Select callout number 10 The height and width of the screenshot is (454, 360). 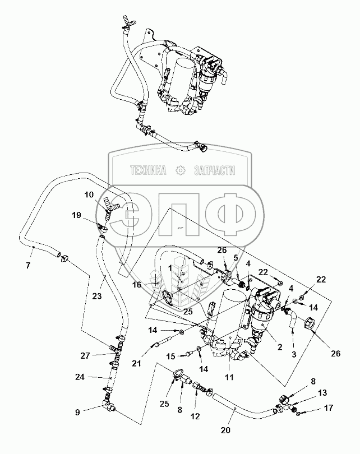click(x=90, y=194)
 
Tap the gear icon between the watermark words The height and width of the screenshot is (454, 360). click(x=180, y=170)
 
